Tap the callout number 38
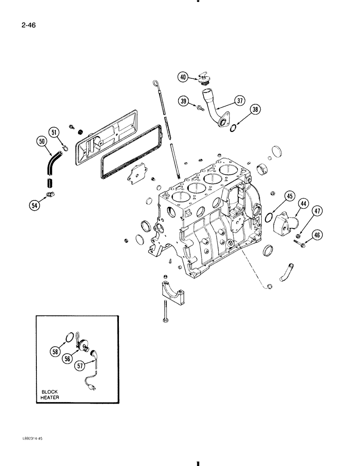point(255,110)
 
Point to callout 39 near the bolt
point(183,102)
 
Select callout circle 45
point(290,197)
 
